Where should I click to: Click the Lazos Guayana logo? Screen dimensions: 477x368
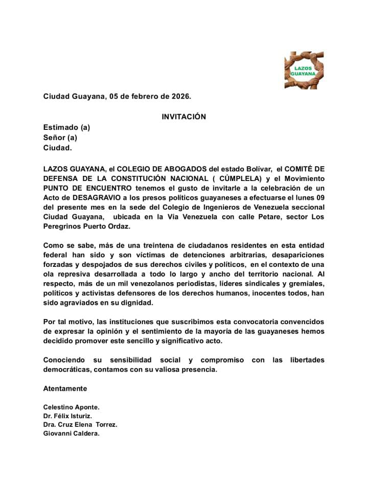click(x=304, y=70)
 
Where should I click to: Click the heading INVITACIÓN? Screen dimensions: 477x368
click(x=184, y=117)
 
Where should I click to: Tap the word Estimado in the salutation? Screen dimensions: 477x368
click(x=61, y=127)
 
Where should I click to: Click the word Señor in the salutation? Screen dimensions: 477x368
click(x=55, y=138)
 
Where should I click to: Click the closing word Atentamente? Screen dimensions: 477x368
click(x=65, y=389)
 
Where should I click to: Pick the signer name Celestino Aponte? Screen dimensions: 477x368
click(x=72, y=407)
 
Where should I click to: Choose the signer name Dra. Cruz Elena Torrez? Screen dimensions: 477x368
click(x=80, y=425)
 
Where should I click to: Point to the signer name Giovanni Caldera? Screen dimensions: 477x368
click(x=71, y=434)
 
